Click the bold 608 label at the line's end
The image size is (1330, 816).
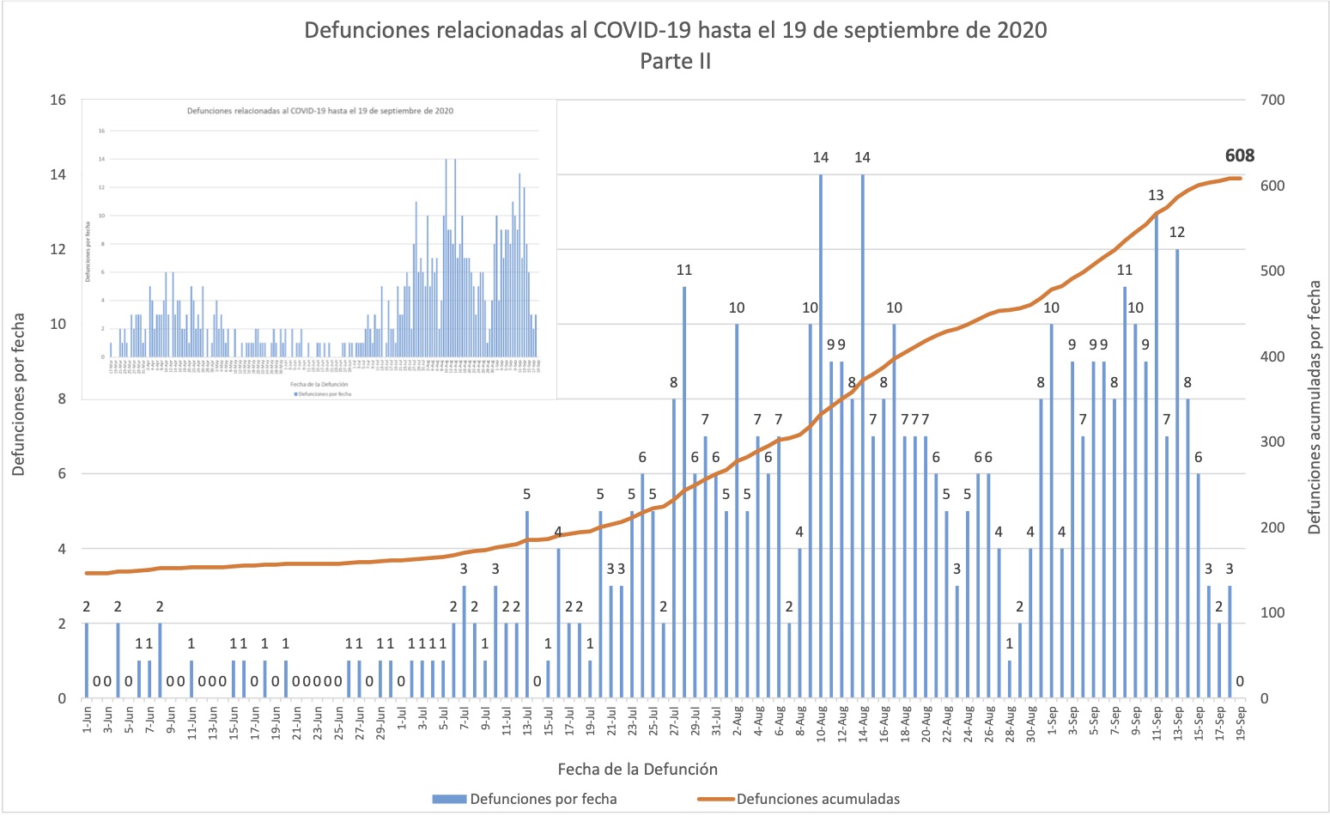point(1239,155)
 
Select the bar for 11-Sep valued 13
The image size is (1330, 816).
point(1157,455)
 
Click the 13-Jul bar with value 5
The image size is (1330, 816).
point(527,605)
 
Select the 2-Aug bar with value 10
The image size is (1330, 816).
point(737,511)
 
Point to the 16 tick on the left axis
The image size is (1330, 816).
point(58,100)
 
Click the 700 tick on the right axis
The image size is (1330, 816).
point(1272,100)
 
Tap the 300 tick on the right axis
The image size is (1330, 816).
point(1272,441)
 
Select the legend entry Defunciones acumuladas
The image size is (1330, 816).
point(817,799)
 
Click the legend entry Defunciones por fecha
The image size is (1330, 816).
point(543,799)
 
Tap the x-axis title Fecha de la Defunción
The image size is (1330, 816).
point(637,769)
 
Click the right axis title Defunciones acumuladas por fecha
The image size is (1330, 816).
point(1314,407)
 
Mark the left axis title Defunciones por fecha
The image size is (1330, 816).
point(19,395)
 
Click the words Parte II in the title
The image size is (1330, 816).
point(675,62)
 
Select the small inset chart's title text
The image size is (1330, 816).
point(320,111)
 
